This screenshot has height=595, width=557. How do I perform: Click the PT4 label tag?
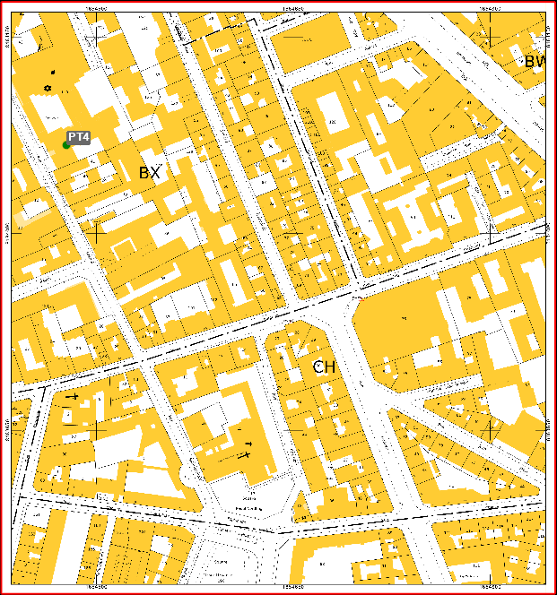click(79, 137)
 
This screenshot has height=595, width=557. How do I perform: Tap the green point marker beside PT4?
click(66, 145)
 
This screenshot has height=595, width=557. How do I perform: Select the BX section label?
click(149, 173)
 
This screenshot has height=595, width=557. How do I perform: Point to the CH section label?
click(324, 367)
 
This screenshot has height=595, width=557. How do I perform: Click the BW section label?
click(535, 62)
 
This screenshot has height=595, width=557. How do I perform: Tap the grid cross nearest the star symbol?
click(95, 35)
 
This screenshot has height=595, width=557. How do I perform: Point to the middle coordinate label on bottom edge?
click(293, 587)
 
